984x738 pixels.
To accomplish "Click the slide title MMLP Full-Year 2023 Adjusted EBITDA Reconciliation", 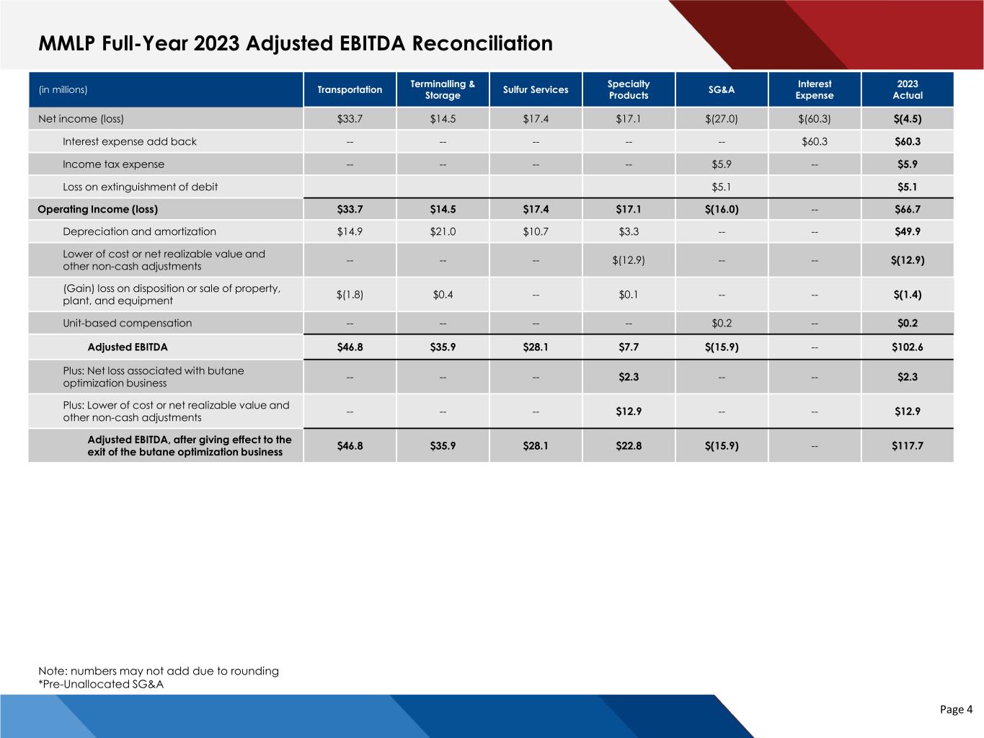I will point(296,44).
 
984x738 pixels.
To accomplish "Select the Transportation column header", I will point(350,89).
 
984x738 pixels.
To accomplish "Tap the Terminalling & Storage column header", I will point(443,89).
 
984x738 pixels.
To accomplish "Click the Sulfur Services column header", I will point(536,89).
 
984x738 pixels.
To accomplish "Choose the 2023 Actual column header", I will point(907,89).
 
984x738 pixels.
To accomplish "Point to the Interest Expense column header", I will point(815,89).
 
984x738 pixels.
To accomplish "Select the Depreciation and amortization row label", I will point(139,231).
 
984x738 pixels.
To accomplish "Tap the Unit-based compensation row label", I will point(127,323).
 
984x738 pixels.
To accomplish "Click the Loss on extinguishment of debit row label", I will point(140,187).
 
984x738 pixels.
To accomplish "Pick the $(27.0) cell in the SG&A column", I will point(722,119).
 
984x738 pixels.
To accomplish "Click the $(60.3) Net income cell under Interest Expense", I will point(815,119).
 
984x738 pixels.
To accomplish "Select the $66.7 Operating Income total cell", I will point(907,209).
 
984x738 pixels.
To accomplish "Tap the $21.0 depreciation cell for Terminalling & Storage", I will point(443,231).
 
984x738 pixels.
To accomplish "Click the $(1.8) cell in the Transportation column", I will point(350,294).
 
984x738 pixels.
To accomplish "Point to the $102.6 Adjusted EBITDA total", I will point(907,347).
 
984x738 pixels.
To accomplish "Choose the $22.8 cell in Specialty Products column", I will point(629,445).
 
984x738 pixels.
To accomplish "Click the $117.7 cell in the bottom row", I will point(907,445).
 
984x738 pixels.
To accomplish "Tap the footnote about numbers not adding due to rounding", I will point(159,671).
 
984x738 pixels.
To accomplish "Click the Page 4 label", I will point(956,710).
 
